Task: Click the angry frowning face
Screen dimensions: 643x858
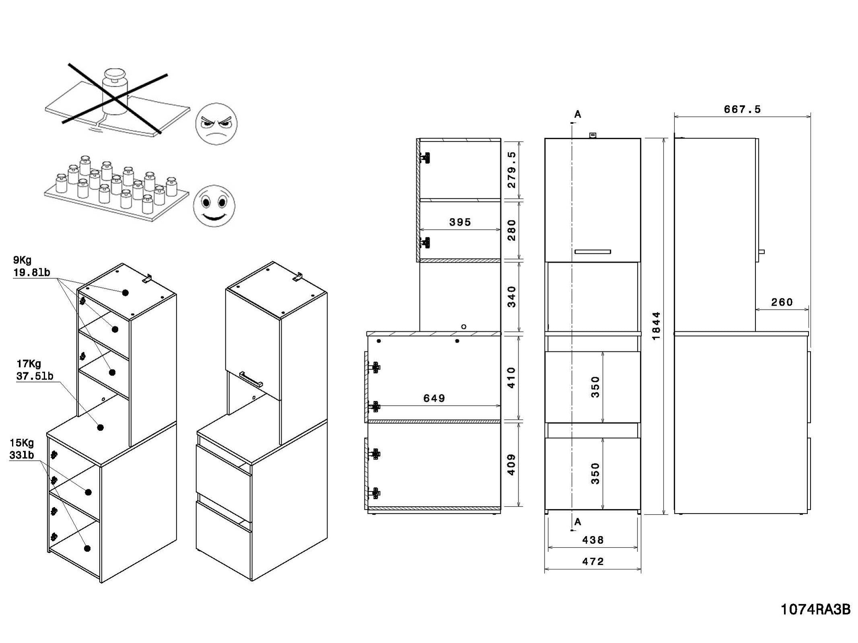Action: pos(216,123)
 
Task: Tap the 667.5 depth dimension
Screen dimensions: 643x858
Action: pos(742,109)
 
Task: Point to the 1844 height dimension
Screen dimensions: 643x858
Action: pos(656,326)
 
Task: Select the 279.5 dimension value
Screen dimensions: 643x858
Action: pos(511,170)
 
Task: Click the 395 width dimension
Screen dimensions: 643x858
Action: pos(460,222)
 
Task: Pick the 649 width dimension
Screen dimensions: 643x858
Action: pos(434,398)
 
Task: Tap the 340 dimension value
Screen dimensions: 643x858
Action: pos(511,297)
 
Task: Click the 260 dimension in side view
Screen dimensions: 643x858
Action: pos(782,302)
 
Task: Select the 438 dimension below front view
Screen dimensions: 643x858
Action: pos(593,540)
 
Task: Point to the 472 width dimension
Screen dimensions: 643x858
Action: pos(593,561)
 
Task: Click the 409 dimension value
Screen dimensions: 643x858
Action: pos(511,464)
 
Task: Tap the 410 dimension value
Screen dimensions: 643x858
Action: pos(511,377)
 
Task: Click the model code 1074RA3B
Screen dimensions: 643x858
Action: pos(816,610)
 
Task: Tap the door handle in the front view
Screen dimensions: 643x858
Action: pos(593,252)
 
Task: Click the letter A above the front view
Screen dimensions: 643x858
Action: pos(578,115)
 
